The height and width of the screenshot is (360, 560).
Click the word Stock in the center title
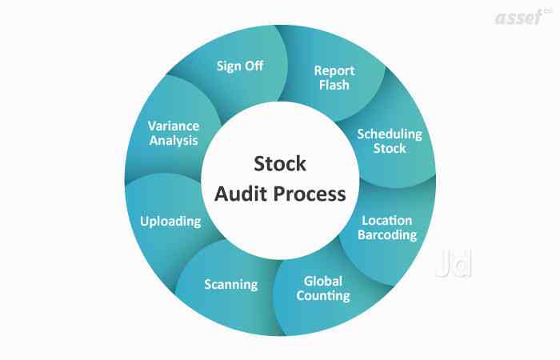click(279, 164)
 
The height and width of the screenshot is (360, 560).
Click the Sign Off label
click(240, 66)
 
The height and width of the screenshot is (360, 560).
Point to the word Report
click(334, 70)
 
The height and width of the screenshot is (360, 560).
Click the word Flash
click(334, 85)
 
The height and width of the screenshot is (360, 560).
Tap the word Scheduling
click(389, 134)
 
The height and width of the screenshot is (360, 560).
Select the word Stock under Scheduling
click(389, 148)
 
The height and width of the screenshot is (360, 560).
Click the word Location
click(388, 220)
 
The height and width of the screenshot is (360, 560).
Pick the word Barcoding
click(388, 235)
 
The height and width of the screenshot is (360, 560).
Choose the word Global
click(323, 281)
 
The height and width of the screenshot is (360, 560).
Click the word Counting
click(323, 296)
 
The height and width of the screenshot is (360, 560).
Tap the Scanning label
click(230, 284)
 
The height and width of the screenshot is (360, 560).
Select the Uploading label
click(170, 221)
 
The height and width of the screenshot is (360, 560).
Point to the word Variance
click(174, 126)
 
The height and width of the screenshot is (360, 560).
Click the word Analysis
click(174, 141)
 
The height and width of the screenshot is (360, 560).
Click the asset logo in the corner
click(521, 17)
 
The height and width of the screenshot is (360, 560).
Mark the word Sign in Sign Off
click(229, 66)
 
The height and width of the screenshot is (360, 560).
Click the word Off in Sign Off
click(254, 66)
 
